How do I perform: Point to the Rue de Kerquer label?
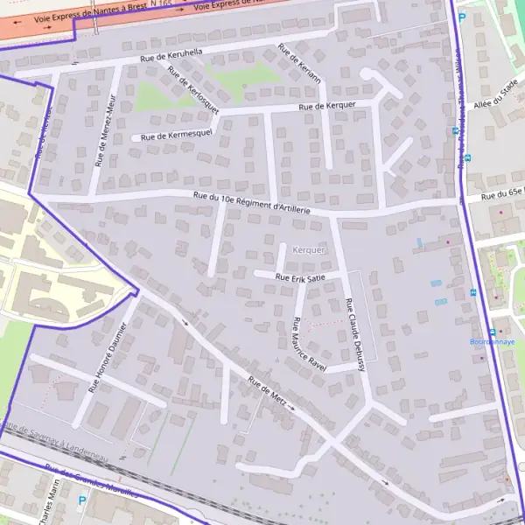(x=327, y=106)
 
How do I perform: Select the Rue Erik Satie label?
(x=300, y=277)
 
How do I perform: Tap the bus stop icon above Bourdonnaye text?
(x=492, y=332)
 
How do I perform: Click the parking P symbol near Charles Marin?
(x=82, y=501)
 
